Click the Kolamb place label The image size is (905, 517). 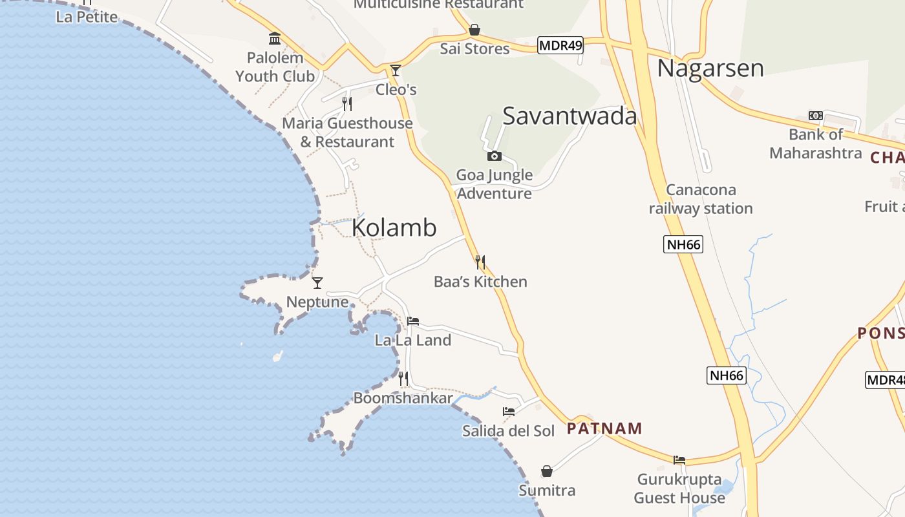(394, 228)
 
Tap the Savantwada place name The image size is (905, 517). (570, 116)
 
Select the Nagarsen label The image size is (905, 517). (710, 69)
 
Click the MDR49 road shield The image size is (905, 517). (560, 45)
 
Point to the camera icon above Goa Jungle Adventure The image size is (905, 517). (495, 156)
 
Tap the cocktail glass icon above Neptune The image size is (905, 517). (317, 283)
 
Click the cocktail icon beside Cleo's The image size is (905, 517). (396, 70)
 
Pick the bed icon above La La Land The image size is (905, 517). (413, 321)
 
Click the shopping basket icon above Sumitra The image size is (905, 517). (547, 471)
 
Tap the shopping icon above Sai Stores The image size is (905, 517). (474, 30)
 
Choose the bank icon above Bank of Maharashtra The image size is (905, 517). (816, 116)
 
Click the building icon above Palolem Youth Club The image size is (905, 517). (275, 39)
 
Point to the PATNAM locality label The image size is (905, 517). (604, 428)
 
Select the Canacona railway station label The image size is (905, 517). (701, 199)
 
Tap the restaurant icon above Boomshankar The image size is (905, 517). (403, 379)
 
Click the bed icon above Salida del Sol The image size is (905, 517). (509, 412)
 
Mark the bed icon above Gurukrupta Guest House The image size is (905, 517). (679, 460)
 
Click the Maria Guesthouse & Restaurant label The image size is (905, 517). (347, 132)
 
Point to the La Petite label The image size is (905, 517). (87, 17)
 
